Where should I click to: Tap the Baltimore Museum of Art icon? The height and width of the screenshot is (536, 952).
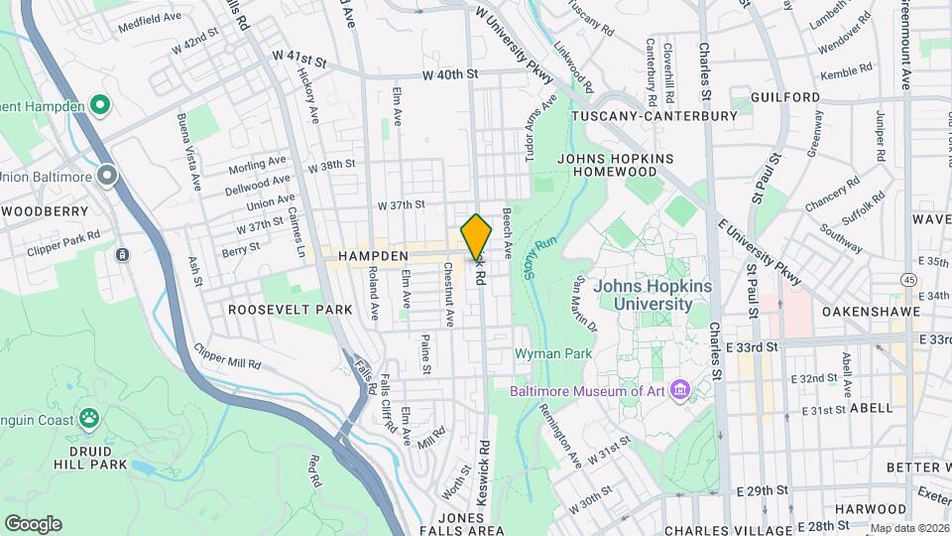679,389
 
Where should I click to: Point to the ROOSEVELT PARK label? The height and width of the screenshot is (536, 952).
290,310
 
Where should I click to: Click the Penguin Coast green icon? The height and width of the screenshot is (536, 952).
90,418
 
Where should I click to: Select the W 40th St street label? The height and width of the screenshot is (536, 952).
450,74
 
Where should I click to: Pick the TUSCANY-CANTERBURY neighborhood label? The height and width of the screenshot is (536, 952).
654,116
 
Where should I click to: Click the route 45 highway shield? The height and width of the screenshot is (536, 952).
909,280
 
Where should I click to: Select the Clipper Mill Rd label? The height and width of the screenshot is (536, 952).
228,358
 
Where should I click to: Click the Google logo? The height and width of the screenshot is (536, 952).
33,523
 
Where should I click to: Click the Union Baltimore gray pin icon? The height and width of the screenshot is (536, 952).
107,177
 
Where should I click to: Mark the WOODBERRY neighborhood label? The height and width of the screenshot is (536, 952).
45,211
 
